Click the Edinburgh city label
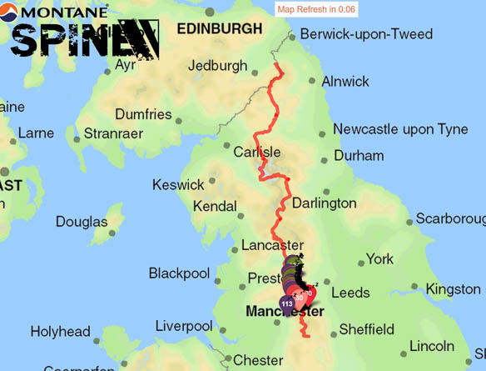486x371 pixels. (x=219, y=29)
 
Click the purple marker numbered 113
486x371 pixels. (x=286, y=303)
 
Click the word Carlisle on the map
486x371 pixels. (x=257, y=153)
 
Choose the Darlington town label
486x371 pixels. (x=324, y=203)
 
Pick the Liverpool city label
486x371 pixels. (x=184, y=325)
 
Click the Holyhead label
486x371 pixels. (x=59, y=332)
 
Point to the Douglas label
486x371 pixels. (x=82, y=222)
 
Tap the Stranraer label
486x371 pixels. (x=115, y=133)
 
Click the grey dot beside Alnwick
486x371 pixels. (x=312, y=81)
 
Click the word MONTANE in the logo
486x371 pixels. (x=60, y=13)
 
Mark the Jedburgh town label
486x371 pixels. (x=218, y=65)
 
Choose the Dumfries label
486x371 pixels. (x=143, y=114)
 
